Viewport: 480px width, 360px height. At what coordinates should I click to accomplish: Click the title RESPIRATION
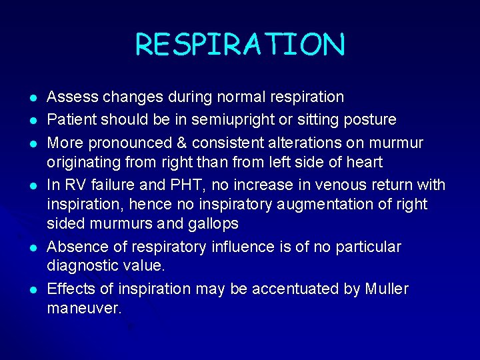click(240, 45)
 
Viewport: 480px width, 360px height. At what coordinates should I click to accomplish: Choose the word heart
click(363, 162)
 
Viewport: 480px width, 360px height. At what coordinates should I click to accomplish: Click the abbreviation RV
click(74, 183)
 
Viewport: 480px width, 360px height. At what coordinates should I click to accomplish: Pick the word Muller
click(387, 289)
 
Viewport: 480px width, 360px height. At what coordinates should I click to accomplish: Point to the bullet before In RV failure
click(33, 185)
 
